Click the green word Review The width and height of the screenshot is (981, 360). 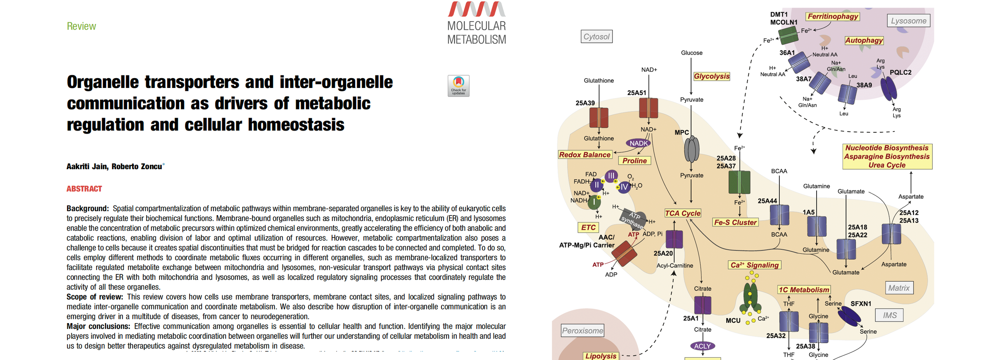(81, 26)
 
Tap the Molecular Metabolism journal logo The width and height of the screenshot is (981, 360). (476, 23)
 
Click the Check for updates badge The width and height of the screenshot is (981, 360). (458, 86)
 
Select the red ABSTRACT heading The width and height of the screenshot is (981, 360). (84, 189)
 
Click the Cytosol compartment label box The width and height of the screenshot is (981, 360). (596, 37)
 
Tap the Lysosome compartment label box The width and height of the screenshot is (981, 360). (908, 21)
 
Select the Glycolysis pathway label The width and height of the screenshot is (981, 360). (711, 76)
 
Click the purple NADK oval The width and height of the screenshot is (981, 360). (638, 143)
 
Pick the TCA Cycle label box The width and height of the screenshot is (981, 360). (682, 213)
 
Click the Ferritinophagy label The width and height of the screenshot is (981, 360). (832, 16)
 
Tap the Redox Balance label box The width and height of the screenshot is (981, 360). (585, 155)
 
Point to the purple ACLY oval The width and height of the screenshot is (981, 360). (702, 346)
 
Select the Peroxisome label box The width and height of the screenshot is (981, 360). (582, 331)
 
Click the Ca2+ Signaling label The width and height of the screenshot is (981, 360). (754, 265)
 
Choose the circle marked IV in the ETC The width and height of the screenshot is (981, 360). (624, 187)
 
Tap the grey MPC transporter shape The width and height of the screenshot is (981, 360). (691, 149)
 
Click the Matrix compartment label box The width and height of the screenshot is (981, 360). (899, 288)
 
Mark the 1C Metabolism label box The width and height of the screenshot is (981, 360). (804, 290)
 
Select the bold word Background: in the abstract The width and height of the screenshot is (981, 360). (88, 208)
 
